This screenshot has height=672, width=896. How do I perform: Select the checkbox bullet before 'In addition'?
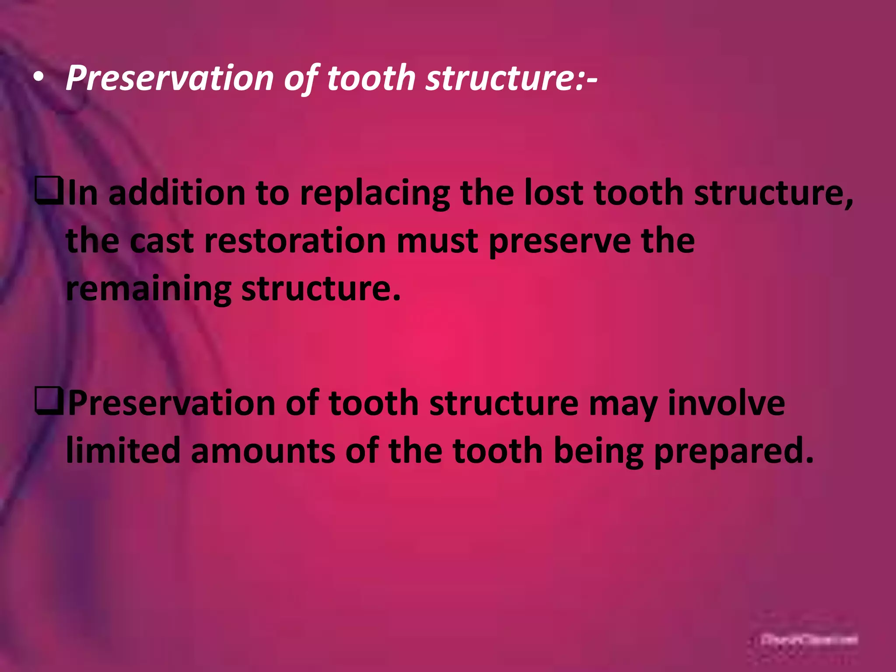pos(49,194)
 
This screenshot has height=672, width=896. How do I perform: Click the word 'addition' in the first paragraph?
pos(177,194)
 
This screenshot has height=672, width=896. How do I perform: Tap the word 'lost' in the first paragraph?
pos(553,194)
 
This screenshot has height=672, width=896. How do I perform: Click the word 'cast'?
pos(161,241)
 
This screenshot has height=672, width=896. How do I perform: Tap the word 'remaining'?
pos(148,289)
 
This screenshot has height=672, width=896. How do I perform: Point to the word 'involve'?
pos(726,403)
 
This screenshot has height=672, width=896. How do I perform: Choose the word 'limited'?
pos(123,451)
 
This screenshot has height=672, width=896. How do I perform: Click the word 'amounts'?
pos(262,451)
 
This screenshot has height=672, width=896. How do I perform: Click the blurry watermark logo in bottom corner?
pos(809,640)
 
